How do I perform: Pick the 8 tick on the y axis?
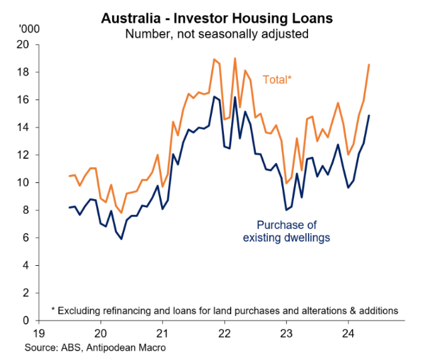point(26,210)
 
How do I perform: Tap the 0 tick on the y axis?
point(26,321)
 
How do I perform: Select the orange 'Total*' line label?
point(277,79)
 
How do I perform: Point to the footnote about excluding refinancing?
point(225,310)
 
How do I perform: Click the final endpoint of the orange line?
point(369,65)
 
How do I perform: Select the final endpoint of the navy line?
point(369,116)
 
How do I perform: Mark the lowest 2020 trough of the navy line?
point(121,238)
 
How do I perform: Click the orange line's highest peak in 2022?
point(235,58)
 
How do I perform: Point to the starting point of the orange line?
point(69,176)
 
